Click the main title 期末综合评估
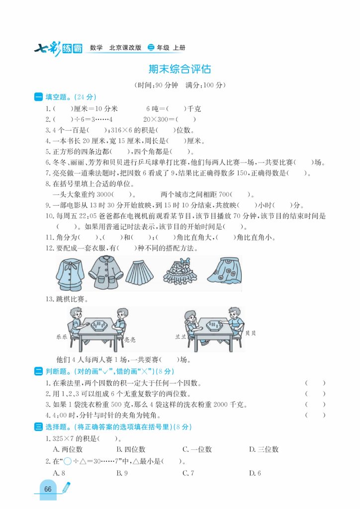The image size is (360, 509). (180, 69)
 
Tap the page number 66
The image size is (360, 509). (48, 489)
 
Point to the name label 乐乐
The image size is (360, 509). (62, 337)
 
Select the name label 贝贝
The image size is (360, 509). (251, 333)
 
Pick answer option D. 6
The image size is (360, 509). (255, 473)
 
